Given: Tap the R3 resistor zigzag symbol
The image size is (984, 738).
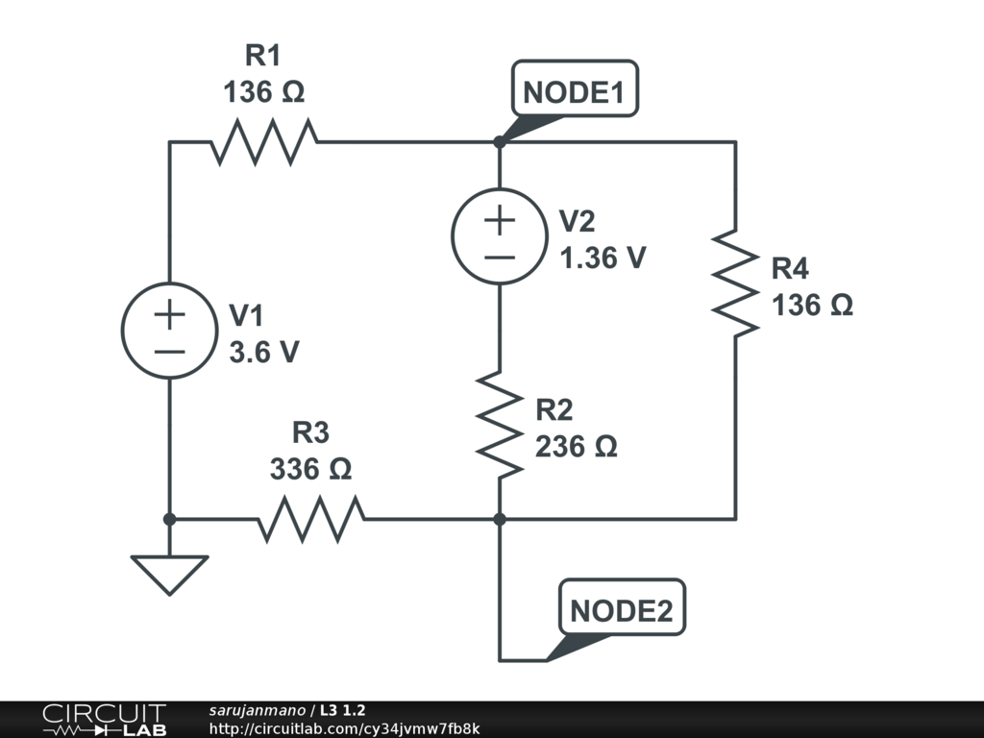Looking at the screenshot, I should tap(310, 519).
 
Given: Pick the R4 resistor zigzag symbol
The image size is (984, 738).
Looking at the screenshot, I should tap(735, 283).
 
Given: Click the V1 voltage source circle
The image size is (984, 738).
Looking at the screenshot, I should tap(169, 331).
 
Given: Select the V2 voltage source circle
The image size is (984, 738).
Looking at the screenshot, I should tap(500, 237).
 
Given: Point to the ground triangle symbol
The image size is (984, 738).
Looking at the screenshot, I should tap(169, 574).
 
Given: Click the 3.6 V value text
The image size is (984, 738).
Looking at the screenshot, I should tap(263, 353).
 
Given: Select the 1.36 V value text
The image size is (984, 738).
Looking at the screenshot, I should tap(603, 258).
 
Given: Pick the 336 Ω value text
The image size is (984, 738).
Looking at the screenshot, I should tap(310, 470).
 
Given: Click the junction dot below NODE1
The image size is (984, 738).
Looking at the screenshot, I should tap(500, 142).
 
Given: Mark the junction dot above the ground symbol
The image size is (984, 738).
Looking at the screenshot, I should tap(169, 519).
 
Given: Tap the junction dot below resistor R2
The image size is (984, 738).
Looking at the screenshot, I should tap(500, 519).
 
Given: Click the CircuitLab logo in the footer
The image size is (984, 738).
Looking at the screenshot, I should tap(103, 720).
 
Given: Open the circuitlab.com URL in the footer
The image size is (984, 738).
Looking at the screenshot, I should tap(343, 728).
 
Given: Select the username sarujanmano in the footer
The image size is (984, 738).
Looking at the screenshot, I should tap(258, 710).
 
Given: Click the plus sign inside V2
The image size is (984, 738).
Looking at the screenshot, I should tap(500, 220).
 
